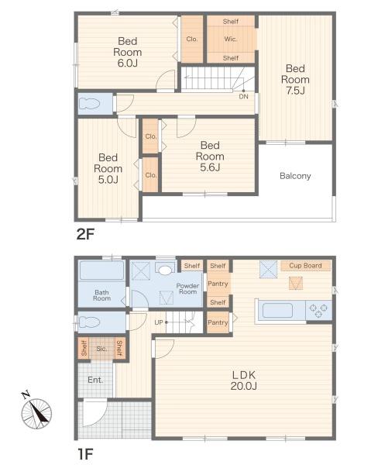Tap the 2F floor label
pyautogui.click(x=85, y=234)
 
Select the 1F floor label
pyautogui.click(x=85, y=453)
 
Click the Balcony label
pyautogui.click(x=295, y=176)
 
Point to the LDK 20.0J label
pyautogui.click(x=243, y=381)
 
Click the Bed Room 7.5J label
pyautogui.click(x=295, y=80)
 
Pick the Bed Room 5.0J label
pyautogui.click(x=108, y=168)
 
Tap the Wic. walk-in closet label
pyautogui.click(x=231, y=39)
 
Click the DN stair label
pyautogui.click(x=243, y=96)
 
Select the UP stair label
pyautogui.click(x=159, y=322)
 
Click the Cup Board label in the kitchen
pyautogui.click(x=305, y=265)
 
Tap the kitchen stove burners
pyautogui.click(x=318, y=311)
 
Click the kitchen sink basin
pyautogui.click(x=277, y=311)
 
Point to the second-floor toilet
pyautogui.click(x=90, y=104)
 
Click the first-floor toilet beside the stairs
pyautogui.click(x=90, y=322)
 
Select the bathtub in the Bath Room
pyautogui.click(x=101, y=270)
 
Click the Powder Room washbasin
pyautogui.click(x=165, y=269)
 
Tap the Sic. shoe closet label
pyautogui.click(x=101, y=349)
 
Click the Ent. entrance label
pyautogui.click(x=95, y=380)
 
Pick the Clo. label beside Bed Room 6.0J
pyautogui.click(x=192, y=39)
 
